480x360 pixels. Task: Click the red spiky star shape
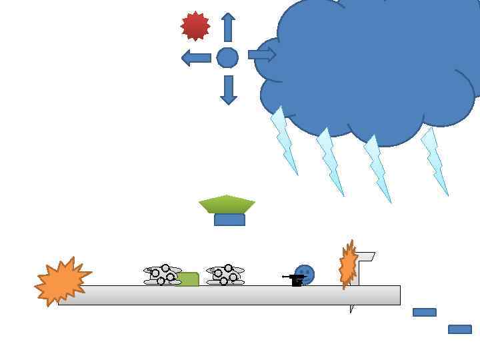point(195,26)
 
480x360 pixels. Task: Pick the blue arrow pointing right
point(262,55)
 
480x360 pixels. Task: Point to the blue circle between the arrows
point(227,58)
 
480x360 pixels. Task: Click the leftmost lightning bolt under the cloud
point(284,140)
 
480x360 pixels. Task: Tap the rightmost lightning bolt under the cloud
point(435,161)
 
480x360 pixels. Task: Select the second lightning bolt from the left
point(330,161)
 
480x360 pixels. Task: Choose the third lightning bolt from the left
point(377,168)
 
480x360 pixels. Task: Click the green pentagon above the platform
point(227,204)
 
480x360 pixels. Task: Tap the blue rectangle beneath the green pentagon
point(229,220)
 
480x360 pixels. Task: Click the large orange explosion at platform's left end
point(62,281)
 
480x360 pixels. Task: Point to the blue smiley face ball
point(305,274)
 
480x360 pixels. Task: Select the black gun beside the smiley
point(294,279)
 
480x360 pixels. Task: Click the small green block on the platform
point(189,279)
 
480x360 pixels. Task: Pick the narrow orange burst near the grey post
point(348,265)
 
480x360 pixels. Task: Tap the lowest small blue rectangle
point(460,329)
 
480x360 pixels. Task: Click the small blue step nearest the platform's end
point(425,312)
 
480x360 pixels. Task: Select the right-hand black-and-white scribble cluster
point(225,275)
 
